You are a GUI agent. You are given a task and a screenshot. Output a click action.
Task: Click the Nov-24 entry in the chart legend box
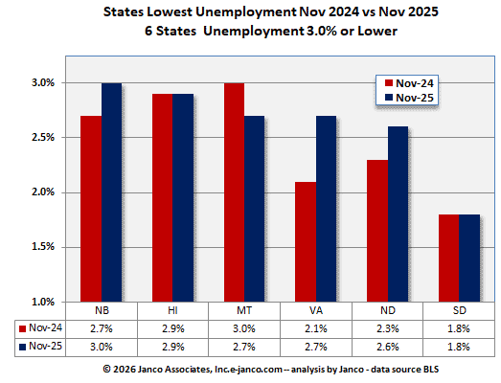409,82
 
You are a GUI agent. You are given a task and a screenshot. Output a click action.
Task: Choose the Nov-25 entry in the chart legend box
409,97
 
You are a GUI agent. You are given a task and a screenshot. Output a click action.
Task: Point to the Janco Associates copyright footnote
251,367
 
